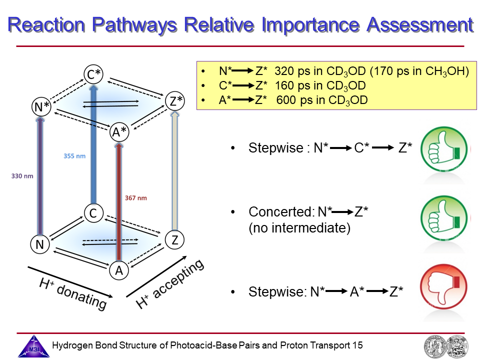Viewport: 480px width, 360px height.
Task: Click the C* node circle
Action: pos(93,75)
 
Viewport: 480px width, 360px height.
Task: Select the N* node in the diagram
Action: pos(42,107)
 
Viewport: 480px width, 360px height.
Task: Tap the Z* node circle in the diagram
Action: pos(175,101)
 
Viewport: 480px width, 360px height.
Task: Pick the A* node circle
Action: pos(120,132)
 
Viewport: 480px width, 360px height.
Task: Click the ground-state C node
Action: pos(93,213)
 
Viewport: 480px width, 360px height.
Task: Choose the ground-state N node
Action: pos(39,244)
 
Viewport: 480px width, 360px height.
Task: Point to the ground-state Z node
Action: pos(174,240)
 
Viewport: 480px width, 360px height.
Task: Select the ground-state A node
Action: pos(119,270)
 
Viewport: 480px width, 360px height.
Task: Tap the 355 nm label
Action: pos(74,156)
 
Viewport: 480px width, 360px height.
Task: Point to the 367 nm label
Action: pos(135,198)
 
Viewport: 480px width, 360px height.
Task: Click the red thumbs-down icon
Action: pos(443,290)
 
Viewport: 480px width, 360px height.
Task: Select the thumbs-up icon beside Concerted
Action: pos(443,217)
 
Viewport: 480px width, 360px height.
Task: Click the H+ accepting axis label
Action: pos(170,283)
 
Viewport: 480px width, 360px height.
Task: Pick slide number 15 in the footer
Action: pos(357,345)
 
